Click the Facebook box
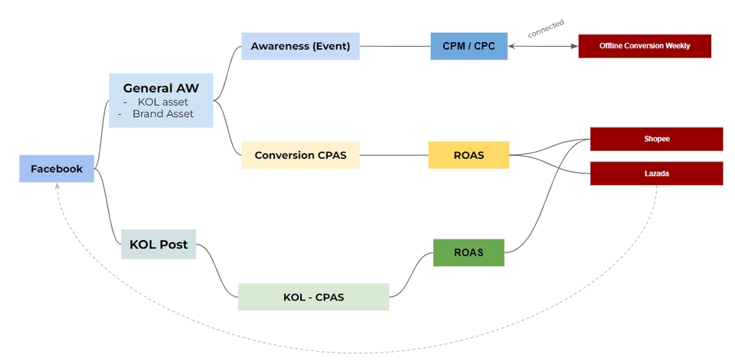tap(57, 169)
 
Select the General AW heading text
tap(161, 88)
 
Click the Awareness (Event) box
tap(300, 46)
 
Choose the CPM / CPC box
tap(469, 46)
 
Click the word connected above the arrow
tap(546, 28)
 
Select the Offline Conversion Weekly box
tap(645, 46)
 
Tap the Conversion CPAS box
tap(300, 155)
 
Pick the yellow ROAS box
tap(469, 155)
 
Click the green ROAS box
tap(469, 252)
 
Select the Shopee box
tap(656, 138)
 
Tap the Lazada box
tap(656, 174)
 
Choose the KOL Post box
tap(158, 245)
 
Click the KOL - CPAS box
tap(313, 297)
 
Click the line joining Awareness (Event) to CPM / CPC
tap(395, 46)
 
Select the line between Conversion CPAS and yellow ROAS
tap(394, 155)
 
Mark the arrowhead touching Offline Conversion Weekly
tap(575, 46)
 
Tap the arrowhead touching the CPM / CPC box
tap(511, 46)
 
